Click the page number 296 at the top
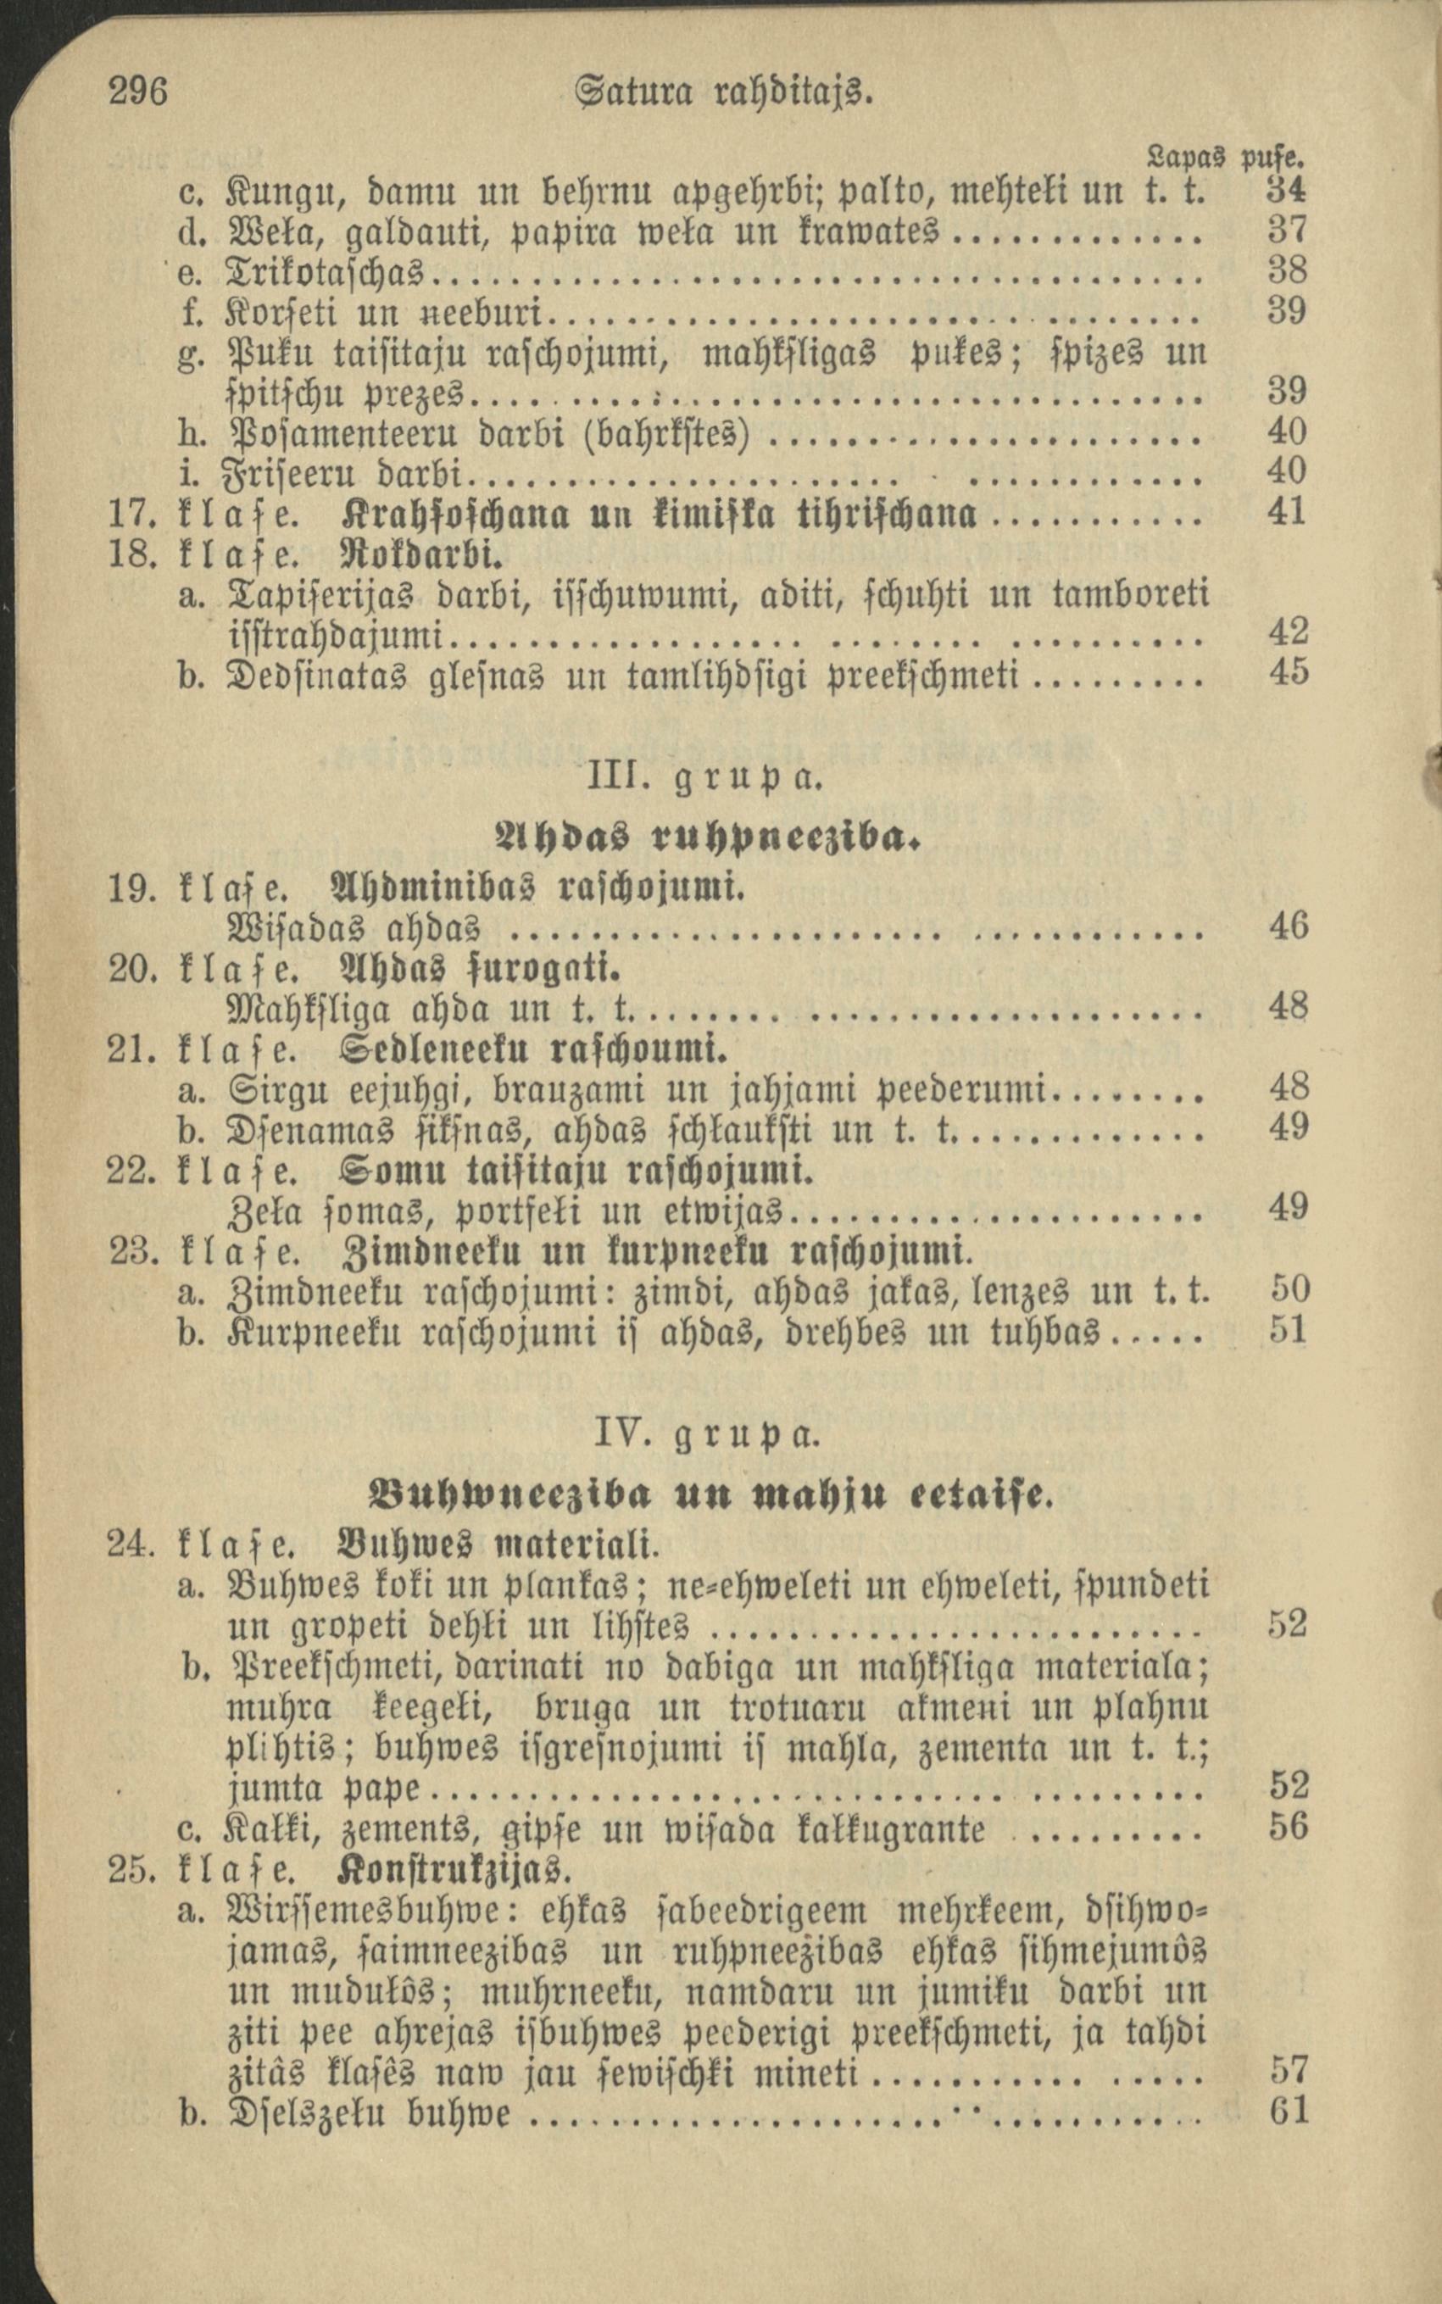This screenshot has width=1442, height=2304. (x=138, y=92)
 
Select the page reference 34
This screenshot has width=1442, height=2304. (x=1287, y=191)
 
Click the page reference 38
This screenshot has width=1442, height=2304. (x=1287, y=272)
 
